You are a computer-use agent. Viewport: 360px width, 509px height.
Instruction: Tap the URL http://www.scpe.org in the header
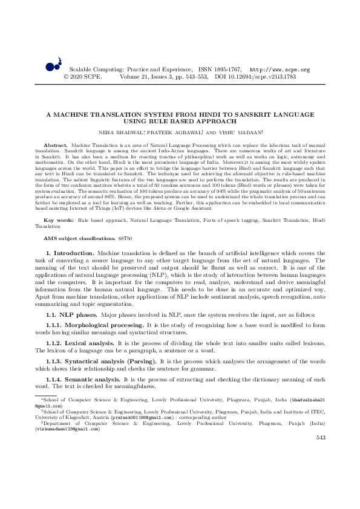pos(280,70)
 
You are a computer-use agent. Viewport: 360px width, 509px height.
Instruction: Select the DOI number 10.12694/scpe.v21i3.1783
pos(264,77)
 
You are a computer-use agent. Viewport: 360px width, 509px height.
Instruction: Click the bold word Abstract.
pos(56,146)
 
